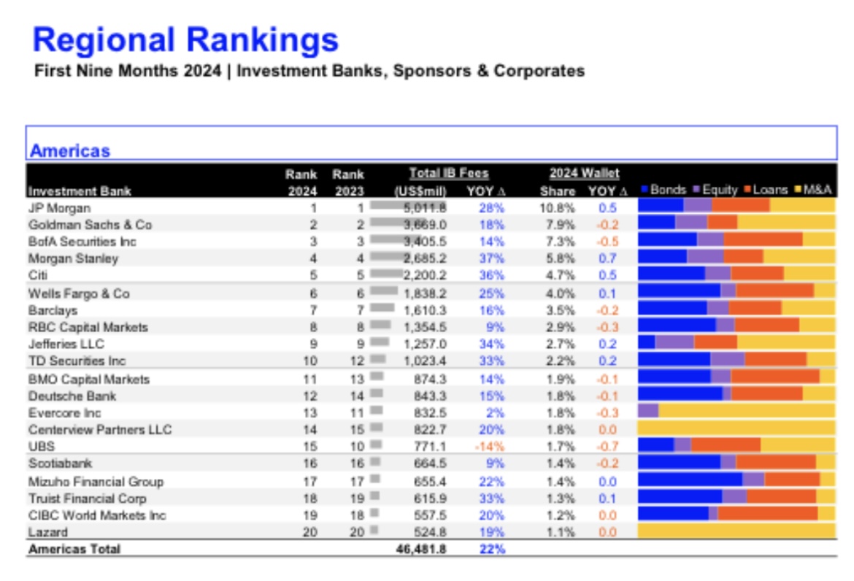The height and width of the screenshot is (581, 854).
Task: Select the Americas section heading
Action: pos(70,151)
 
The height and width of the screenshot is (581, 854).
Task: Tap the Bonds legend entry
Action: pos(663,190)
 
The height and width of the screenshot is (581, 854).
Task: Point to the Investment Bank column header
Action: pos(80,191)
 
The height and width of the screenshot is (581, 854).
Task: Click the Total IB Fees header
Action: pos(449,173)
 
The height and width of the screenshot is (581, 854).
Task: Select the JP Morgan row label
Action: pos(59,209)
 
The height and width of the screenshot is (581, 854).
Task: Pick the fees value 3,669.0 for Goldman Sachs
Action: pos(425,225)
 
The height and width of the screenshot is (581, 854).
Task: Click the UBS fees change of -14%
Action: pos(490,447)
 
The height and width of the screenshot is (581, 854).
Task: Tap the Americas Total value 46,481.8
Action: pos(421,549)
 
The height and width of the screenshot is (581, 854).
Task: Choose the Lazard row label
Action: pos(48,532)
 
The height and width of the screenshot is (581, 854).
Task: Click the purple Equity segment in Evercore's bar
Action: pos(648,410)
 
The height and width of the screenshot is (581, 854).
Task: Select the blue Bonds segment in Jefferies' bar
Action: pos(647,342)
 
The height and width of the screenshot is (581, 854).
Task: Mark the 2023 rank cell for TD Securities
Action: pos(357,361)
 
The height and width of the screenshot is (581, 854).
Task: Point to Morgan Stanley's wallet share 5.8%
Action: pos(561,258)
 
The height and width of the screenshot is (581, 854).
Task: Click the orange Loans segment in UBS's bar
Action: pos(726,445)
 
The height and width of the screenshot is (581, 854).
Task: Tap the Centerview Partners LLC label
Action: pos(100,430)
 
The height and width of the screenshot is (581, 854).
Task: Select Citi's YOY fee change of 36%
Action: pos(492,275)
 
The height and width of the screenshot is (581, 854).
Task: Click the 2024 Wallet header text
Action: pos(584,173)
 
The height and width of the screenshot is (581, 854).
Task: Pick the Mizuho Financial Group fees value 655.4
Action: pos(430,482)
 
